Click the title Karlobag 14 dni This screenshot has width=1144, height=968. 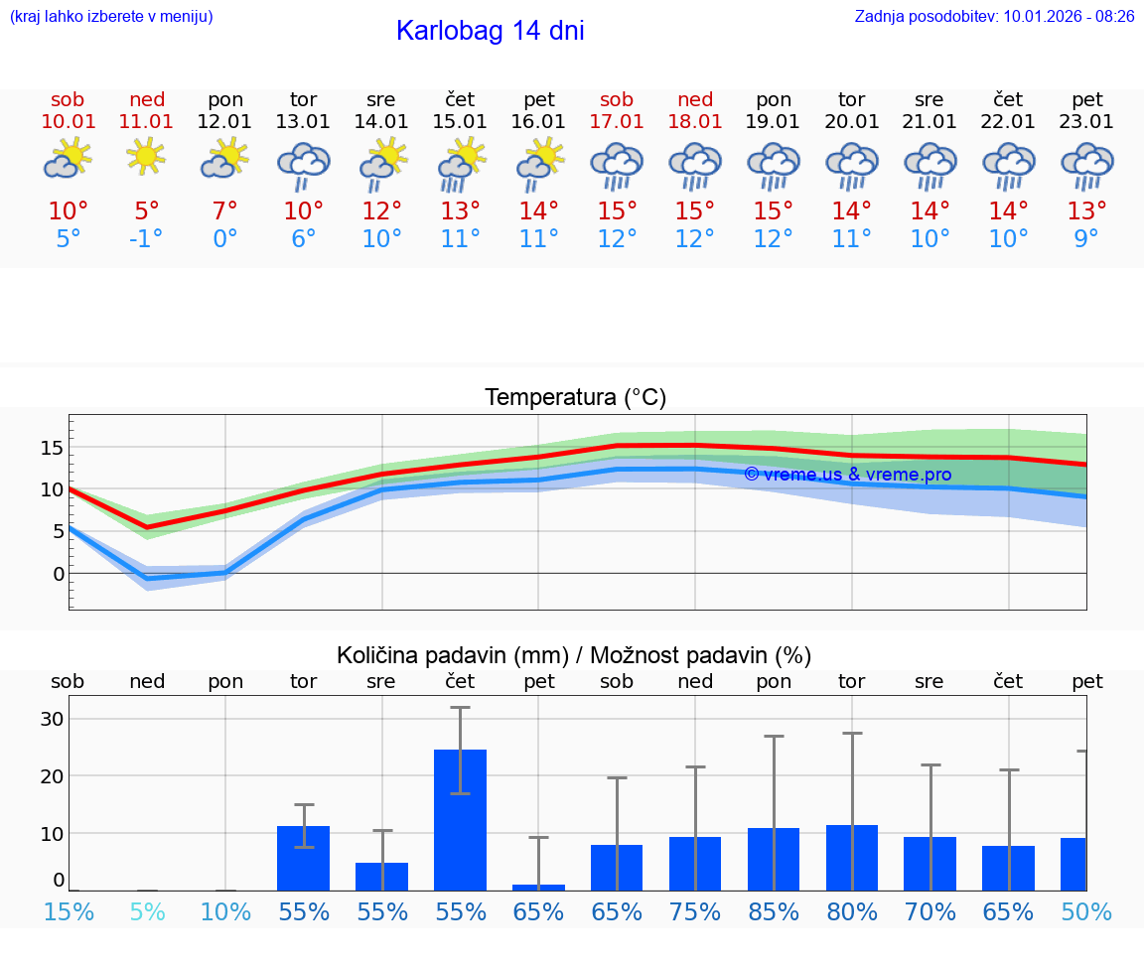(x=490, y=31)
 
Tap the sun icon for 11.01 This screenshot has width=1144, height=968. (x=147, y=156)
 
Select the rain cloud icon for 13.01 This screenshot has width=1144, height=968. (x=303, y=164)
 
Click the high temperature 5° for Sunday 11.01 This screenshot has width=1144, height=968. (x=147, y=211)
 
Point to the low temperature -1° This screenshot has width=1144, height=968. (x=147, y=238)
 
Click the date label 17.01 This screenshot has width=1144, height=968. (x=617, y=122)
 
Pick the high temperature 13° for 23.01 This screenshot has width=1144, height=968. (x=1086, y=211)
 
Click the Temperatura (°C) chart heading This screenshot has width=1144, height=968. (x=575, y=398)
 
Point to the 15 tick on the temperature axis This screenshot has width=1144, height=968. (x=52, y=448)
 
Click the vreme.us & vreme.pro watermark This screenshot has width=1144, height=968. (x=847, y=475)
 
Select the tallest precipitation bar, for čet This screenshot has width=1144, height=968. (x=461, y=819)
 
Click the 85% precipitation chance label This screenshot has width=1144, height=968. (x=774, y=911)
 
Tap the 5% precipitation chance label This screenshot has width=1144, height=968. (x=147, y=911)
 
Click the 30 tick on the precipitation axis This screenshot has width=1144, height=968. (x=52, y=719)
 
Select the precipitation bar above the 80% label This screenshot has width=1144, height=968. (x=852, y=857)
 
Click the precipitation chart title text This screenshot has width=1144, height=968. (x=574, y=655)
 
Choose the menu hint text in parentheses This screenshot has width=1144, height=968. (x=111, y=16)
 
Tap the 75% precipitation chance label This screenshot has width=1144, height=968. (x=695, y=911)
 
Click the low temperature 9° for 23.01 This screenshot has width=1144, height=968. (x=1086, y=238)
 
